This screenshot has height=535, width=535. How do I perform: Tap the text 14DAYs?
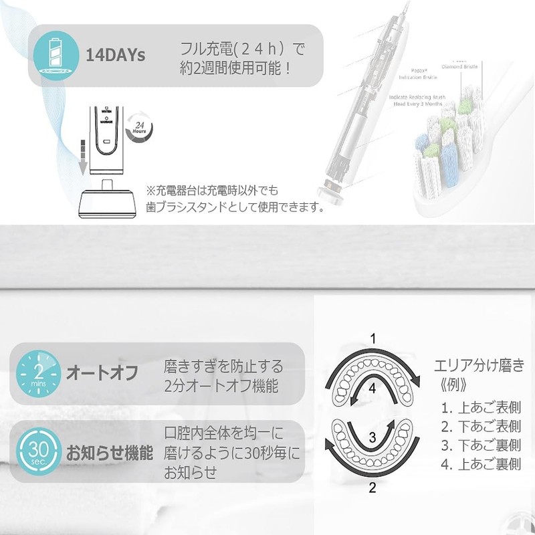(116, 55)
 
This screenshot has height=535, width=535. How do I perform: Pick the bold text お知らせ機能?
(110, 452)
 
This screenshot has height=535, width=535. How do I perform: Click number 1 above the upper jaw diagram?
(376, 338)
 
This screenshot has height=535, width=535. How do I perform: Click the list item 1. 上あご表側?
(477, 407)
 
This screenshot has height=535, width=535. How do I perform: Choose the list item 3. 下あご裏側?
(477, 445)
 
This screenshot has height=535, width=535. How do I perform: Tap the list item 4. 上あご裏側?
(477, 463)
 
